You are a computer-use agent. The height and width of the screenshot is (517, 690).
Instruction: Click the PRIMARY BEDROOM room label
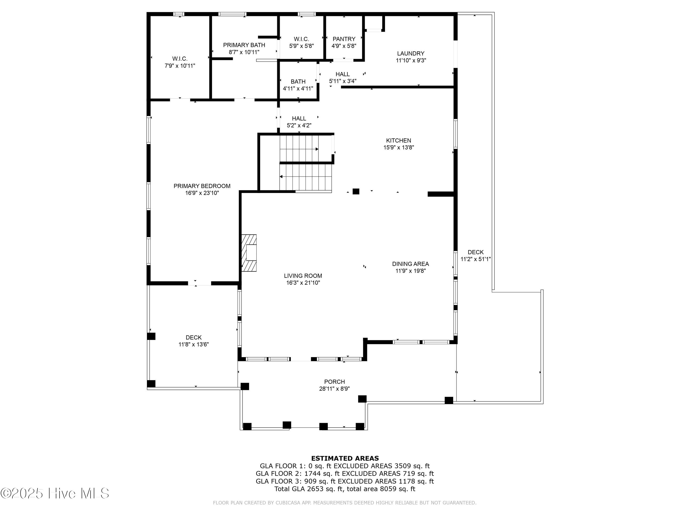tap(202, 186)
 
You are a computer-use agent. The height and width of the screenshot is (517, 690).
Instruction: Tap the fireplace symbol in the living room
tap(249, 253)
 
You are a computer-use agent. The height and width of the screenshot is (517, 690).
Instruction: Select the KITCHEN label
tap(398, 141)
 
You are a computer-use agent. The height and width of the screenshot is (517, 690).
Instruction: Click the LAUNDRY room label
tap(411, 54)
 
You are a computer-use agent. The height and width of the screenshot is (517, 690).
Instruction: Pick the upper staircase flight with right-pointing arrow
tap(299, 149)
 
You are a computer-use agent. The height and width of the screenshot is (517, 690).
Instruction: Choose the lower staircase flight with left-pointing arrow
tap(305, 177)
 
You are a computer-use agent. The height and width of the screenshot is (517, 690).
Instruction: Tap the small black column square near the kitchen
tap(356, 191)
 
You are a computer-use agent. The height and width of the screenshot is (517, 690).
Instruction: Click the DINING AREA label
tap(410, 264)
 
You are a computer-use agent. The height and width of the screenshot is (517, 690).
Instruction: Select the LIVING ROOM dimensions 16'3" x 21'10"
tap(303, 283)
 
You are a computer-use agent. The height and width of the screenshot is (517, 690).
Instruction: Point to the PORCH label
tap(334, 382)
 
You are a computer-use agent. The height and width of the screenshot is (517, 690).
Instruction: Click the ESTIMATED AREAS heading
tap(345, 458)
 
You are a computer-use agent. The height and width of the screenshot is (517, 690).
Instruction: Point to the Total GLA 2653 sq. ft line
tap(345, 489)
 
